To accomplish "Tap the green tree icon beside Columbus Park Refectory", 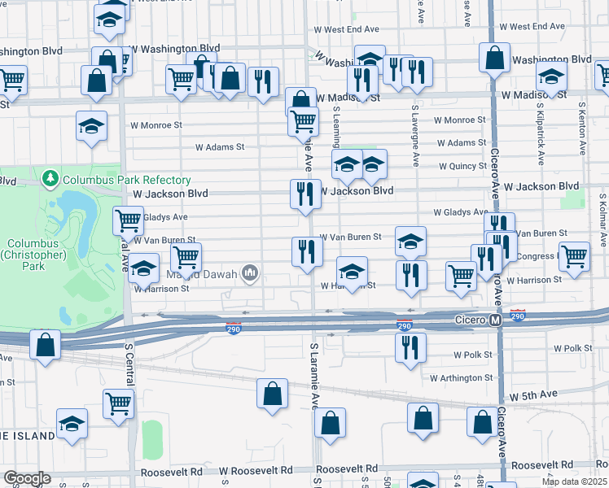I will click(50, 178).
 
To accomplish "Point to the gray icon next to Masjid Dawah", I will click(251, 273).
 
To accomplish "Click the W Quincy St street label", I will click(462, 166).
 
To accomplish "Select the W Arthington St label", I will click(461, 377).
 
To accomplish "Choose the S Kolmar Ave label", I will click(603, 220).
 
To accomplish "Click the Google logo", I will click(26, 478).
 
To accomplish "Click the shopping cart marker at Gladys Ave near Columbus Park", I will click(128, 220).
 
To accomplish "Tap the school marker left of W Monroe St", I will click(91, 126).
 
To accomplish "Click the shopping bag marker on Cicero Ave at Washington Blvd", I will click(494, 58).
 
